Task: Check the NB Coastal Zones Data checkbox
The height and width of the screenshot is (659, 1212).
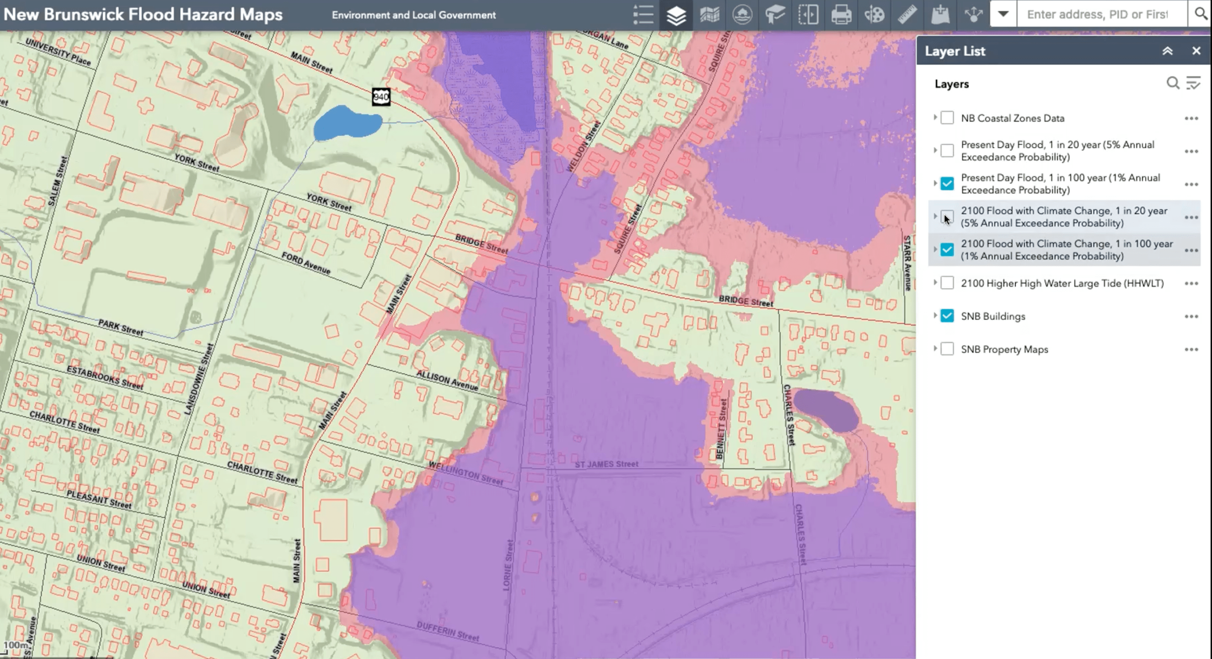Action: pyautogui.click(x=947, y=118)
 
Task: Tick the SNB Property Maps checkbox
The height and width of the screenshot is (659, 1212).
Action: pyautogui.click(x=947, y=349)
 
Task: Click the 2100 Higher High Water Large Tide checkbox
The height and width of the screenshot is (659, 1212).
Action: pyautogui.click(x=947, y=283)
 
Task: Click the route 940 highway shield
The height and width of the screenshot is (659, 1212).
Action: pyautogui.click(x=381, y=97)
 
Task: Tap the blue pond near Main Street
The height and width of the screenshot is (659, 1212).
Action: pyautogui.click(x=347, y=123)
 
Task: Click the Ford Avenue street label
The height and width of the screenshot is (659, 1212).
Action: pyautogui.click(x=306, y=263)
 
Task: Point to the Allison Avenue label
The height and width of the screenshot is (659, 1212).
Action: pyautogui.click(x=447, y=381)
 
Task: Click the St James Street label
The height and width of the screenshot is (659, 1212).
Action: pyautogui.click(x=606, y=464)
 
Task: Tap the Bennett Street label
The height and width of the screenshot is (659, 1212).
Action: pyautogui.click(x=721, y=428)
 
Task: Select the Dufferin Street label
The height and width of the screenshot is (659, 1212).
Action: pyautogui.click(x=448, y=631)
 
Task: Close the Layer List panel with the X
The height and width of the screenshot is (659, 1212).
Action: pyautogui.click(x=1196, y=51)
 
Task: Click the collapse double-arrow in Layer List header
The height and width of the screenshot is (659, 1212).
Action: pyautogui.click(x=1167, y=51)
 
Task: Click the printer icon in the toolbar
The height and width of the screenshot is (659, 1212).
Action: pyautogui.click(x=841, y=15)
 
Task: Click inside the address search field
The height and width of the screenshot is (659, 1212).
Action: pyautogui.click(x=1101, y=15)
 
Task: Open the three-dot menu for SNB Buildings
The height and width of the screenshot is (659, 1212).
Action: pyautogui.click(x=1191, y=316)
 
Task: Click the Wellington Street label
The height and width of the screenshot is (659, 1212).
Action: pyautogui.click(x=466, y=473)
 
